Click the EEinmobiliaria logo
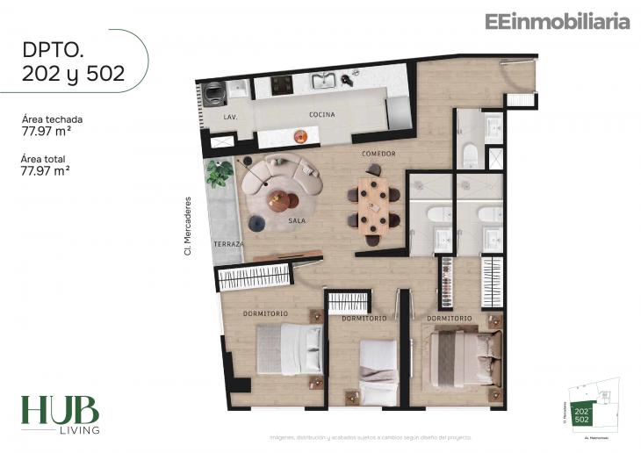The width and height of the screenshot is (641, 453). point(557,22)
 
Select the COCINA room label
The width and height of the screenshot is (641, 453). point(322,115)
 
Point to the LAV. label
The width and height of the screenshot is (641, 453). point(231,117)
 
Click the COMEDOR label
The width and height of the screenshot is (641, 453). point(379,154)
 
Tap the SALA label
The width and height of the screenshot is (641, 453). point(297,221)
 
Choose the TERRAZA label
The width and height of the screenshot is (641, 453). point(227,243)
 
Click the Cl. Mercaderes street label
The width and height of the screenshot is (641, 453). point(187,226)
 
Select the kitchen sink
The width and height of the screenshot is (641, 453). point(324,83)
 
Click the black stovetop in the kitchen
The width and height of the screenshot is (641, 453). point(282,85)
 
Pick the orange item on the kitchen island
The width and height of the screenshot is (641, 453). point(300,135)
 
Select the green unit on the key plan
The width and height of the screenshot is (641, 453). point(581,414)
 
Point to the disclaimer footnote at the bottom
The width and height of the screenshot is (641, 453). point(370,436)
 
